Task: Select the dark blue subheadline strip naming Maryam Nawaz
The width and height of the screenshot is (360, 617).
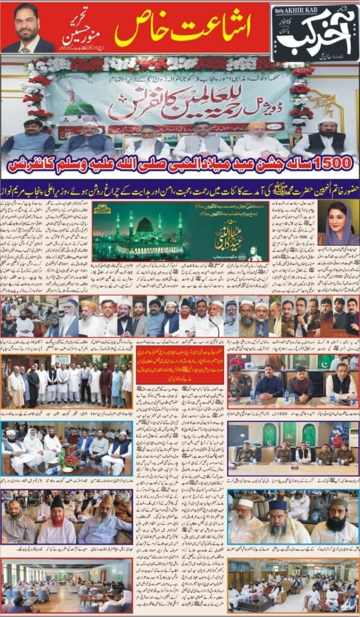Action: [180, 188]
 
